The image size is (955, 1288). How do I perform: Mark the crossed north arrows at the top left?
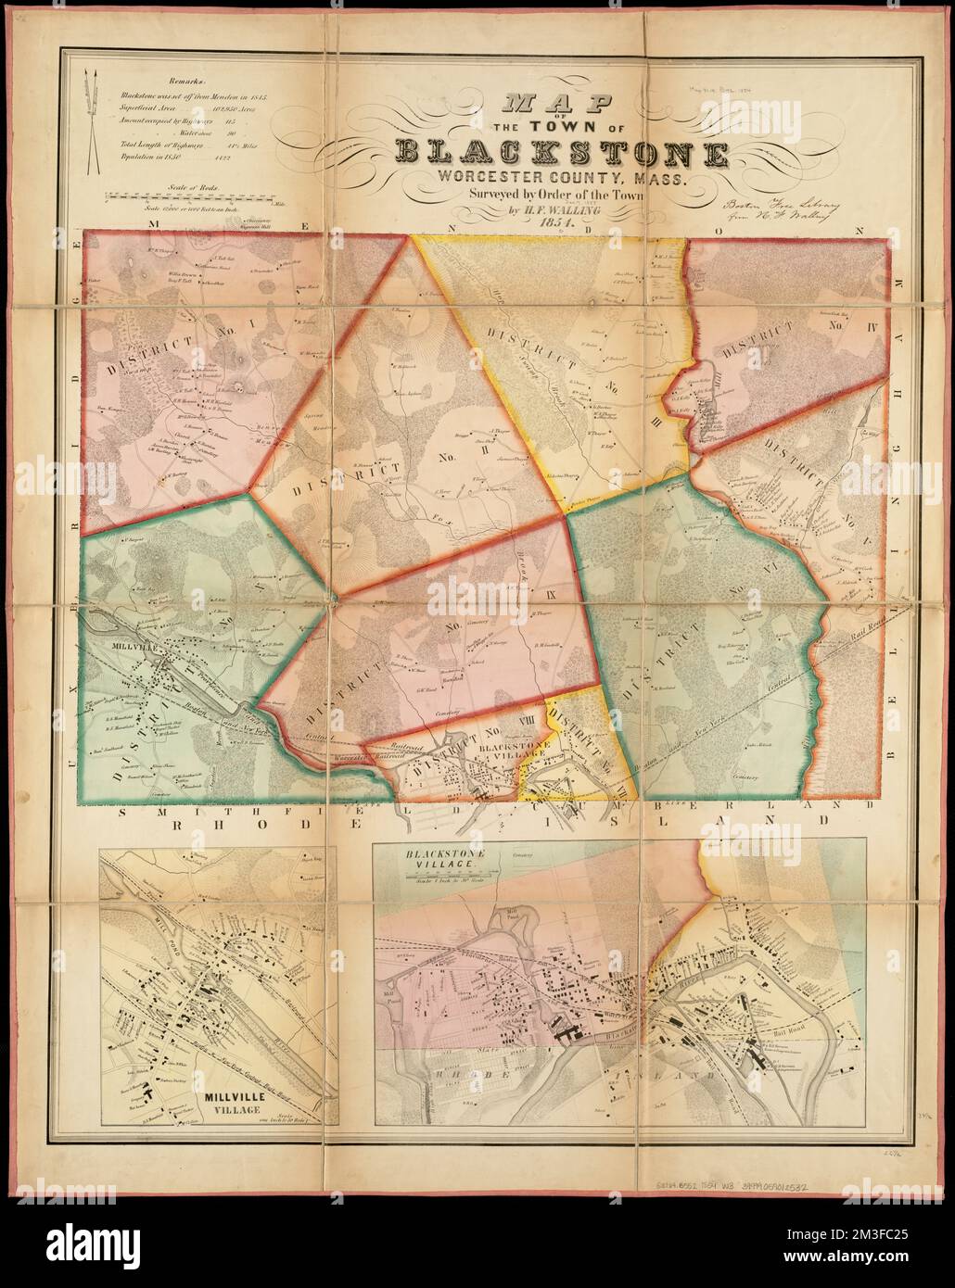(93, 121)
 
